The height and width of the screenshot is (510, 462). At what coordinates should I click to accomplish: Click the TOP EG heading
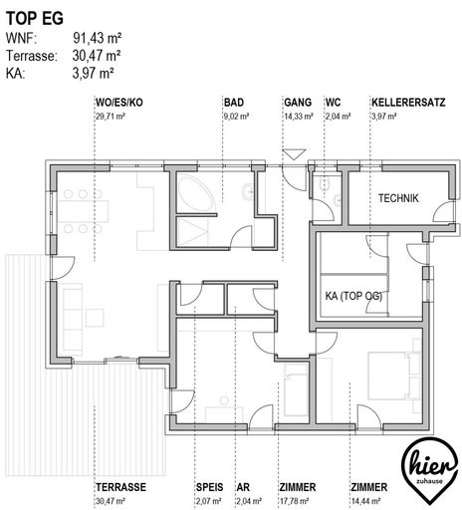coord(35,18)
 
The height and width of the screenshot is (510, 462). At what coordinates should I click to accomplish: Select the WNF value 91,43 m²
coord(97,38)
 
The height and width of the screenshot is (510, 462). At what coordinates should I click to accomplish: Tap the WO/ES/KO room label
coord(119,103)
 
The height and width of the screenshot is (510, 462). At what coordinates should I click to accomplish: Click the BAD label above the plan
coord(234,103)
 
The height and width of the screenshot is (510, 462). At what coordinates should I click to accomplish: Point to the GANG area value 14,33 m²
coord(299,117)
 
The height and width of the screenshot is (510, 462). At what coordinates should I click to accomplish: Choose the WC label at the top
coord(333,103)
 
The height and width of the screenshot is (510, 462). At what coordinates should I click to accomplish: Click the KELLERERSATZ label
coord(408,103)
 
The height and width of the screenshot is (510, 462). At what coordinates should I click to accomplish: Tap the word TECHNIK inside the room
coord(398,198)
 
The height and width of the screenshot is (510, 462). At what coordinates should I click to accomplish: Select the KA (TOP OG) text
coord(353,296)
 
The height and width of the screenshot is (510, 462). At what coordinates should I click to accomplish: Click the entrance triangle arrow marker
coord(294,154)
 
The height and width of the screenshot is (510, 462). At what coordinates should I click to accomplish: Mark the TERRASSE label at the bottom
coord(120,487)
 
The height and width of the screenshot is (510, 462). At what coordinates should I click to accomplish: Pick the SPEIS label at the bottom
coord(209,487)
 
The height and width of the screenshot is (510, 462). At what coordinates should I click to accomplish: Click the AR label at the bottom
coord(243,487)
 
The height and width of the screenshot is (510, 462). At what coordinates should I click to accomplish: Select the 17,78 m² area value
coord(294,501)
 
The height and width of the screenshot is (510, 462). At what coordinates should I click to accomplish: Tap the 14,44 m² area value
coord(365,501)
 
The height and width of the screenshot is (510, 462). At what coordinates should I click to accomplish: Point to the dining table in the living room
coord(84,211)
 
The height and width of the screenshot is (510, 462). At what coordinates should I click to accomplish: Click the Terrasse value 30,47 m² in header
coord(97,56)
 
